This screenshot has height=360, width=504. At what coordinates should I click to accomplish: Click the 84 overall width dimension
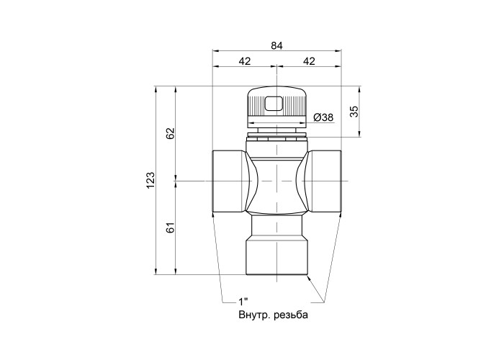tap(276, 46)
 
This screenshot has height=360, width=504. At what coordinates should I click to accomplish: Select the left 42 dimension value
tap(245, 61)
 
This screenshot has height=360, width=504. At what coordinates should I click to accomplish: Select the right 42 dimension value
tap(309, 61)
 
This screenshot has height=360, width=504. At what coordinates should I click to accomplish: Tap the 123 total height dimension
tap(150, 180)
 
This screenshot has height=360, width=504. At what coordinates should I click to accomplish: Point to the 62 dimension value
tap(171, 133)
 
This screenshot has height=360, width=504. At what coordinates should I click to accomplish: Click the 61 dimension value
tap(171, 228)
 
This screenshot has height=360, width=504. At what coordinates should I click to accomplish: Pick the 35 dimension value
tap(354, 112)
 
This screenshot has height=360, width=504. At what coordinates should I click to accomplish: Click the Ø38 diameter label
tap(323, 117)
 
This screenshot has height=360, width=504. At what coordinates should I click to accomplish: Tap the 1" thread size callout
tap(243, 302)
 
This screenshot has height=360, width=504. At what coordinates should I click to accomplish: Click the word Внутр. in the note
tap(255, 315)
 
